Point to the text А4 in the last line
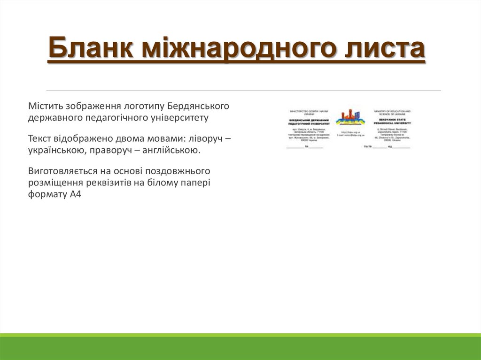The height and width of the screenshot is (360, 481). tap(76, 194)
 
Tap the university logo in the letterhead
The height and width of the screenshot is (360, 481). tap(350, 118)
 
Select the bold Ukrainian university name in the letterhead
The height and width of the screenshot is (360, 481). tap(308, 122)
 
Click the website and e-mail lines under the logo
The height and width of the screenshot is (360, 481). tap(350, 133)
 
